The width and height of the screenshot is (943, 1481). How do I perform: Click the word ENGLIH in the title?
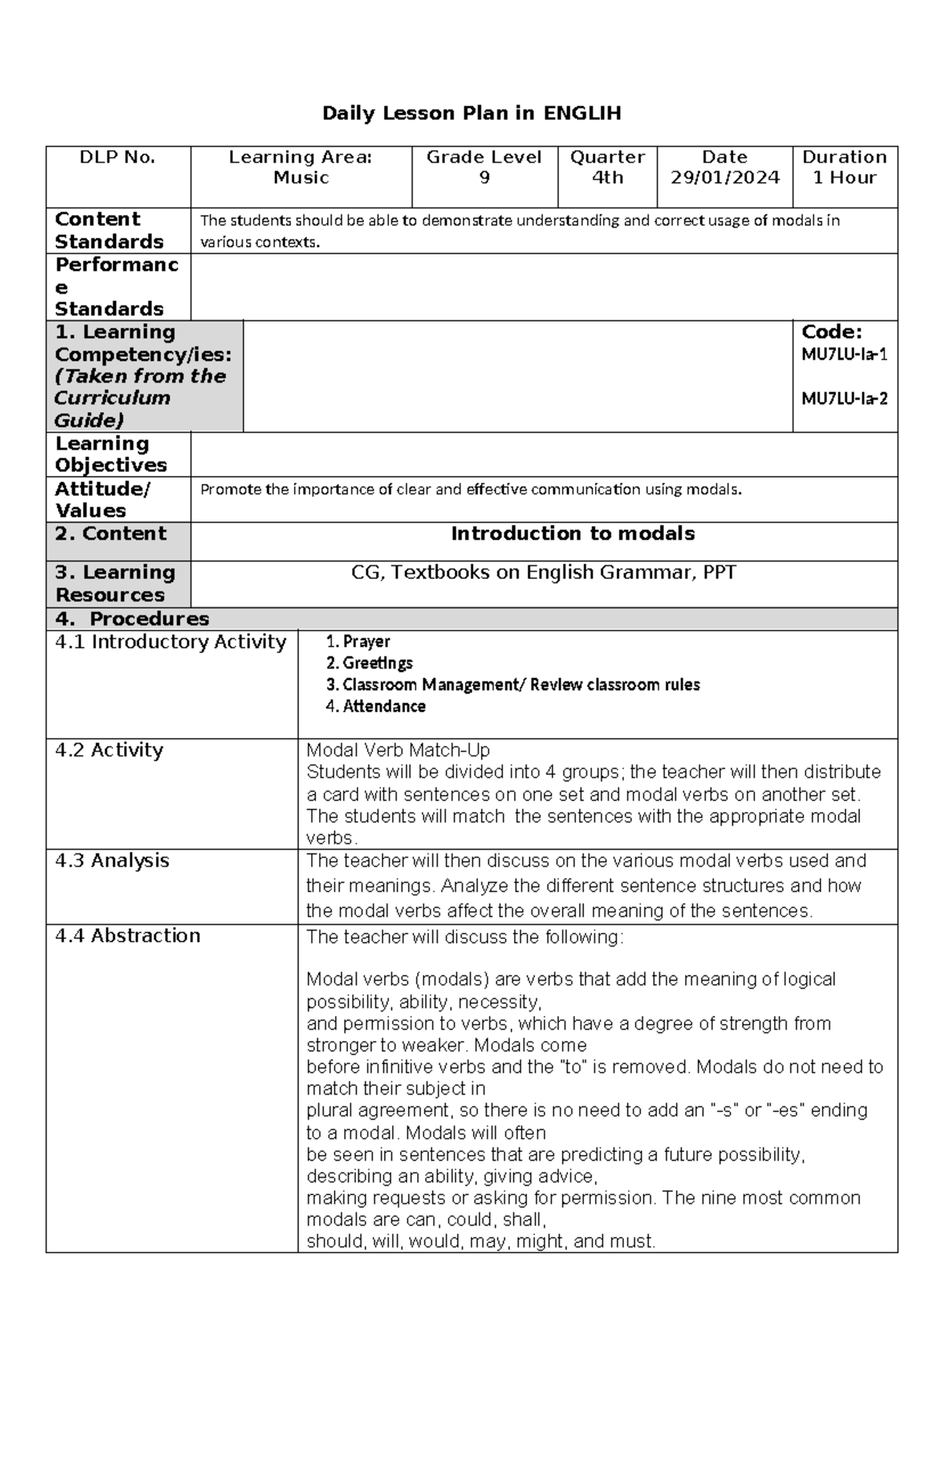click(582, 114)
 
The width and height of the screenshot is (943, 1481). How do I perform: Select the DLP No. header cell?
click(118, 157)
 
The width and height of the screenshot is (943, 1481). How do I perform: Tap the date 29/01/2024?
click(725, 177)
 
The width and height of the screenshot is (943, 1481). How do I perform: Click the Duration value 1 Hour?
click(844, 177)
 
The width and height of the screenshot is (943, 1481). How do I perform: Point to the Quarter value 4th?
click(607, 177)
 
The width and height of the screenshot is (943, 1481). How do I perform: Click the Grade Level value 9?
click(484, 177)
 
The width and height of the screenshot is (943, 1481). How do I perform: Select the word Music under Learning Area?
click(301, 177)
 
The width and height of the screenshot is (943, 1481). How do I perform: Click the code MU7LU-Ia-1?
click(844, 354)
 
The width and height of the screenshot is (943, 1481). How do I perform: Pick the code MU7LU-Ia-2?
click(844, 398)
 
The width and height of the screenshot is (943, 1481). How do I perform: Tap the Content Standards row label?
click(109, 230)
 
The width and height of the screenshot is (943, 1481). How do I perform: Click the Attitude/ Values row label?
click(102, 499)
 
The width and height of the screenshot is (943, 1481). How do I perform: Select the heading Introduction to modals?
click(573, 534)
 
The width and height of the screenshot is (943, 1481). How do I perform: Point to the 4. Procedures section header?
click(132, 619)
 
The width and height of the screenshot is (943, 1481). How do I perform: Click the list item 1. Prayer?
click(358, 642)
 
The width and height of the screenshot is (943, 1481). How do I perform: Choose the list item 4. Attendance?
click(376, 706)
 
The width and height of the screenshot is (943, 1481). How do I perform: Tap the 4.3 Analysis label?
click(112, 861)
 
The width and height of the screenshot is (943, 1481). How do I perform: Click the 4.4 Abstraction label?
click(127, 936)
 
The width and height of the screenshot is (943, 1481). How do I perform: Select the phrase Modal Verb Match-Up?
click(398, 750)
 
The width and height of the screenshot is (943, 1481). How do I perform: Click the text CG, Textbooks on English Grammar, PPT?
click(544, 572)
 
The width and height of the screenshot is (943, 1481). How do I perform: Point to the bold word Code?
click(831, 332)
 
